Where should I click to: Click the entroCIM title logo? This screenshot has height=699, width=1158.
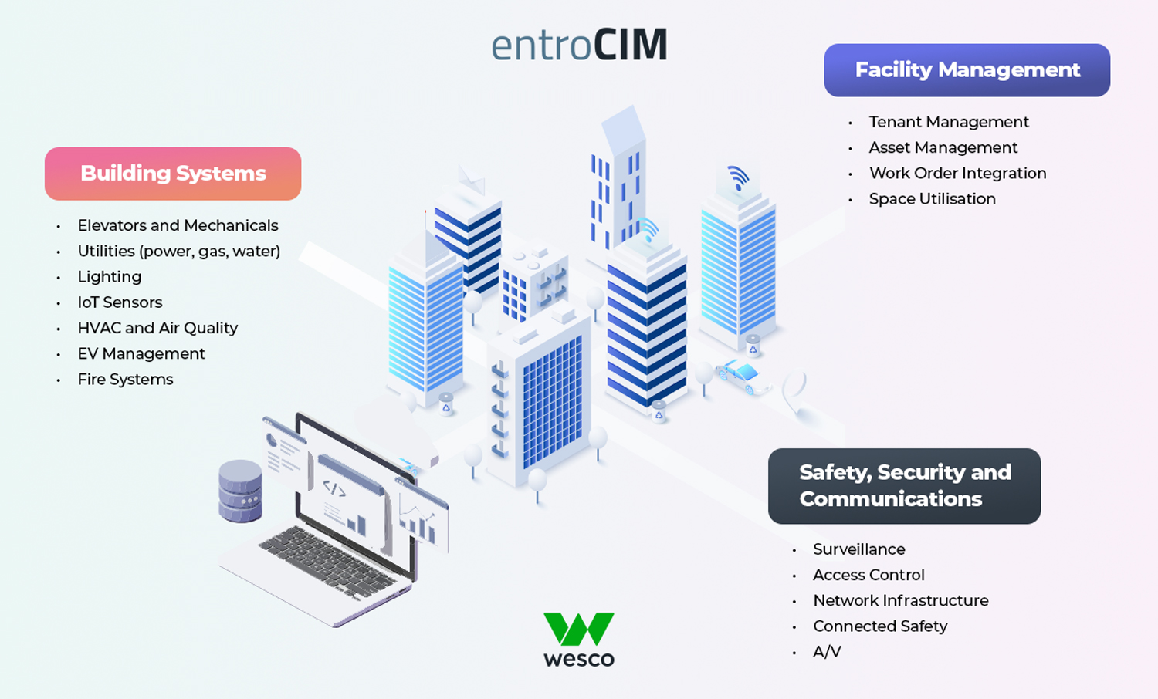(579, 46)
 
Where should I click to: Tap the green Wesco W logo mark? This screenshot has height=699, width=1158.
(579, 629)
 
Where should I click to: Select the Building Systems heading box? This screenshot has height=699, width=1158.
(173, 174)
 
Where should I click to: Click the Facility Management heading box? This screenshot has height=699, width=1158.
(967, 70)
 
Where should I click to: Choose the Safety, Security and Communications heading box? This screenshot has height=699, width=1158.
(904, 486)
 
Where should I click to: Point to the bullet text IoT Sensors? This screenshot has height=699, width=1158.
(120, 302)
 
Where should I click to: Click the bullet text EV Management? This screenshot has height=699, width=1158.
(141, 353)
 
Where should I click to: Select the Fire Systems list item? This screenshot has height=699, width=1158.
(125, 380)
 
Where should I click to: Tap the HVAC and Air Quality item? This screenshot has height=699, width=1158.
(157, 328)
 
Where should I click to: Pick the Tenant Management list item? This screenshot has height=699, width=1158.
(949, 122)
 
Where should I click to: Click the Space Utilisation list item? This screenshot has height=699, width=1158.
(932, 199)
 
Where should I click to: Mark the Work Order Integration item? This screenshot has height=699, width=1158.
(957, 174)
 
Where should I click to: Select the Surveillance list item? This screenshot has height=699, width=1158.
(858, 549)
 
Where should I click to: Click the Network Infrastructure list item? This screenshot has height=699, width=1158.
(900, 600)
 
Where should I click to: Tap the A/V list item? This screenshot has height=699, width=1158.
(827, 652)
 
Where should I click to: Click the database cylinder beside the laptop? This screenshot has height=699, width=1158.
(240, 491)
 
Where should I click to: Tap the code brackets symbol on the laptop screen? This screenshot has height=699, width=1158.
(334, 488)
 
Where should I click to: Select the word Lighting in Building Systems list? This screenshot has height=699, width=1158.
(109, 277)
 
